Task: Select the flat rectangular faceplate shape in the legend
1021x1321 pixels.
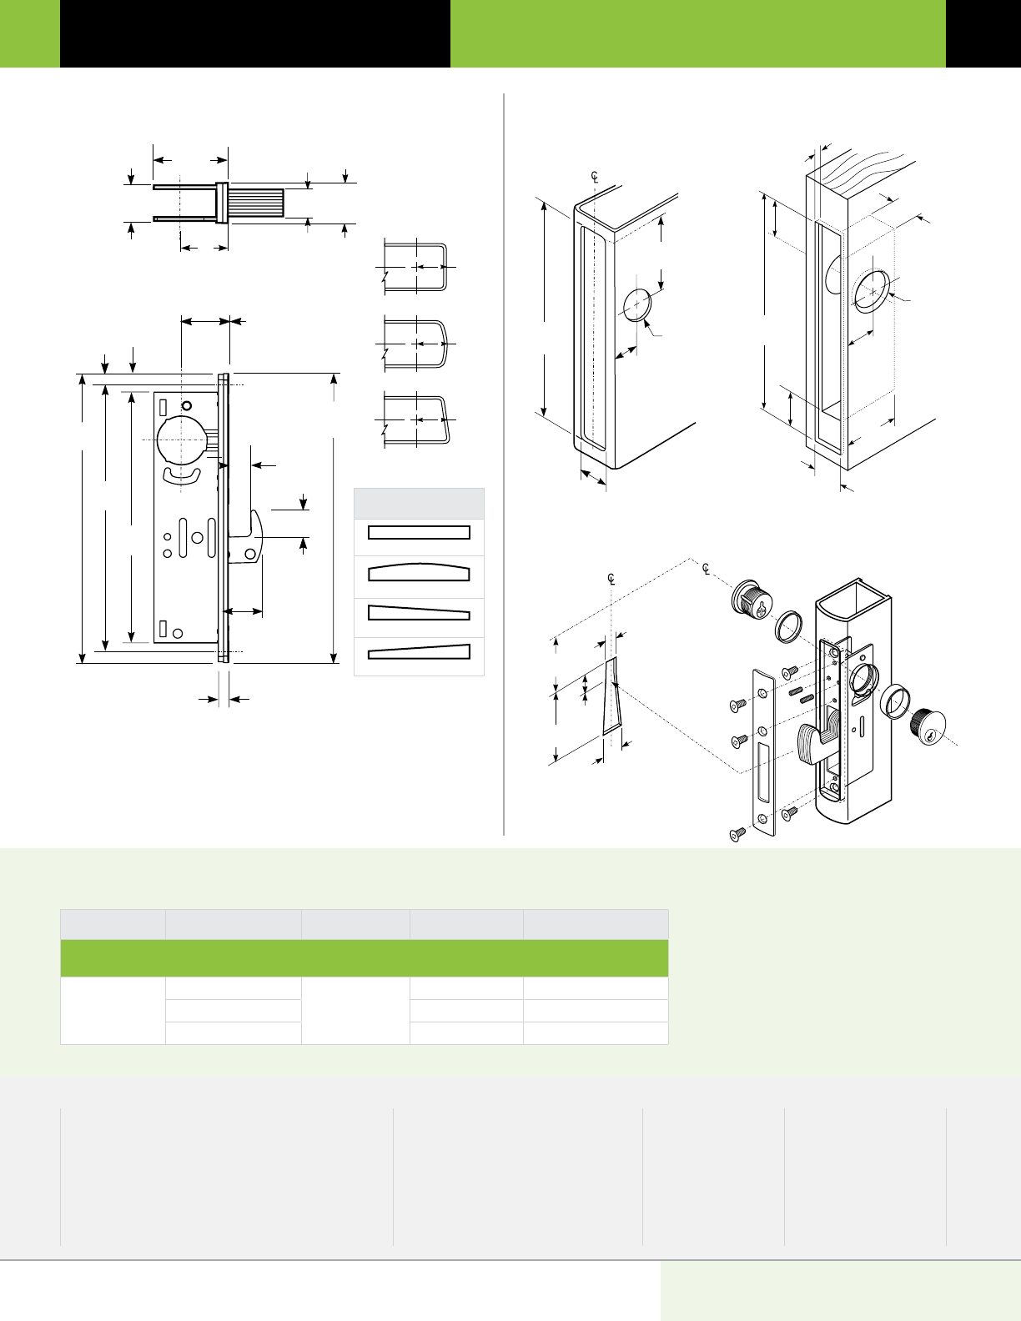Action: [419, 533]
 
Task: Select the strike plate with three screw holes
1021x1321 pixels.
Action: [764, 751]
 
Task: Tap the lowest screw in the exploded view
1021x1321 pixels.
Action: [736, 834]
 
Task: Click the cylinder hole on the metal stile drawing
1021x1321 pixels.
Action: [637, 304]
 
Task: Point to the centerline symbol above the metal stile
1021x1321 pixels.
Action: [596, 177]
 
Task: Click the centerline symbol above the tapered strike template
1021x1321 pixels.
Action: [611, 579]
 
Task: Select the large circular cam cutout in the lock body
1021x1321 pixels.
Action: [180, 437]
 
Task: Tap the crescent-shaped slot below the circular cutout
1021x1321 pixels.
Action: [182, 475]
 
